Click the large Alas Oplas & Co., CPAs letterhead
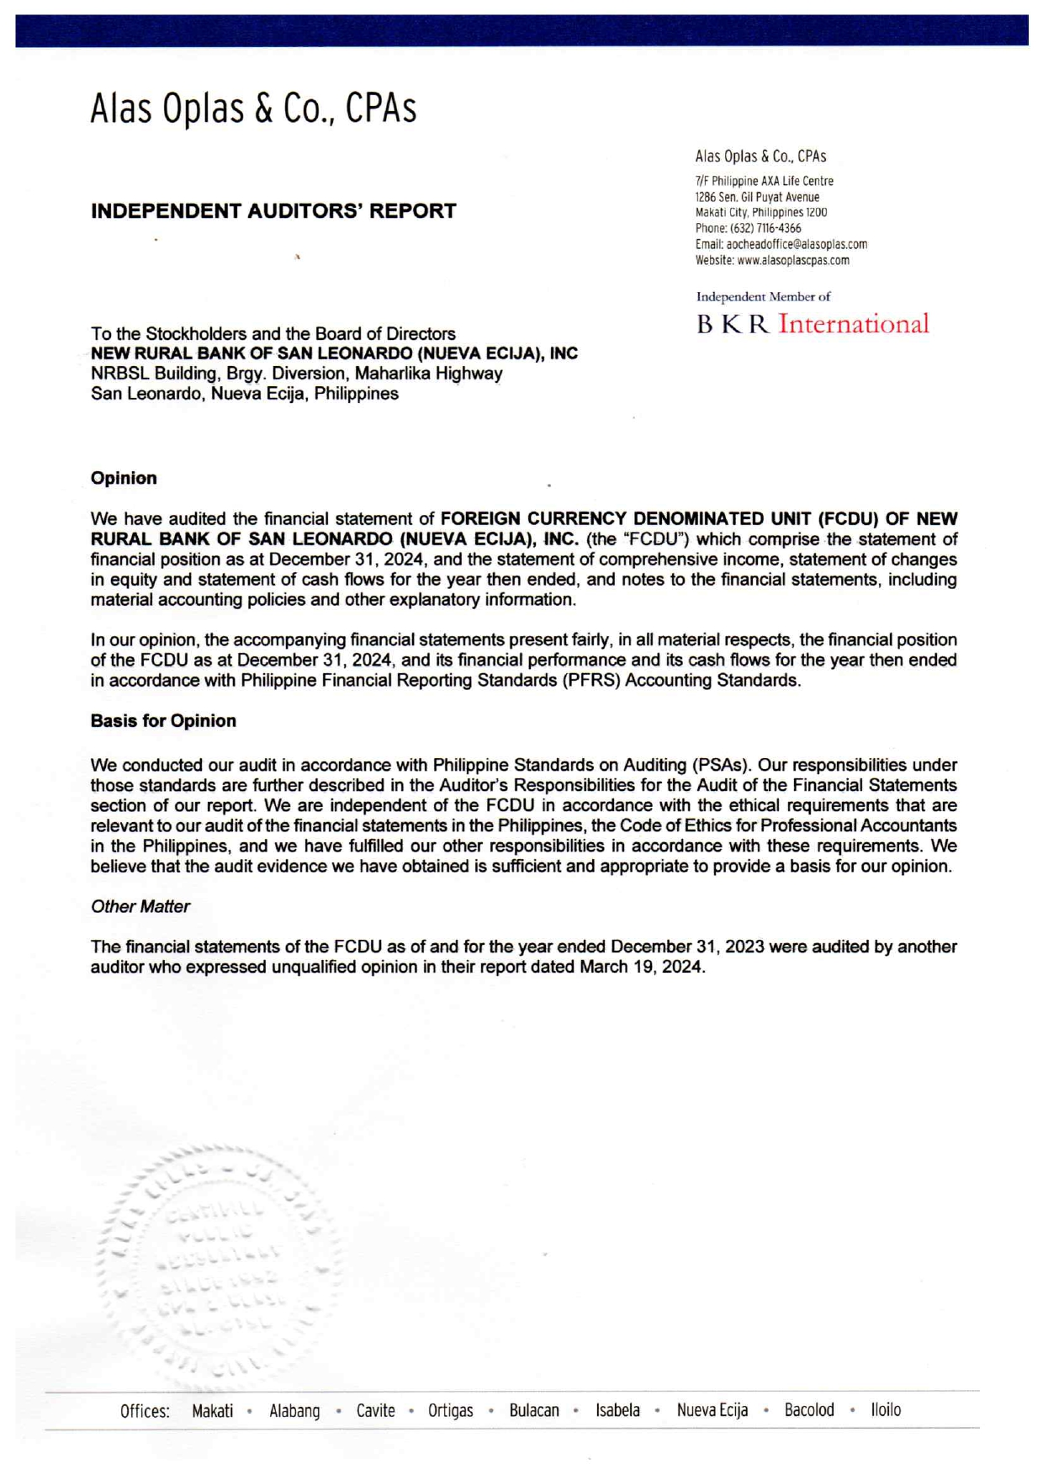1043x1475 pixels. (x=253, y=109)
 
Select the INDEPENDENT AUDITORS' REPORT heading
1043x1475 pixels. (x=273, y=211)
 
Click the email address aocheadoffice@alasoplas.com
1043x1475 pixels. (x=797, y=244)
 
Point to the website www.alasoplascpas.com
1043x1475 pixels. (x=793, y=260)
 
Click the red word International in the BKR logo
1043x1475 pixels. (x=853, y=324)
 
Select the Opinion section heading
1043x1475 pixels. (x=124, y=478)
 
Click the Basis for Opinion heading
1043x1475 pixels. (x=163, y=721)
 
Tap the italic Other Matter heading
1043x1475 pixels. (x=140, y=907)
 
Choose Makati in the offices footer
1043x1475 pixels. (x=212, y=1410)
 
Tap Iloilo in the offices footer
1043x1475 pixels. (x=886, y=1409)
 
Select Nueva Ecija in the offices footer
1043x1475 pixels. (x=712, y=1409)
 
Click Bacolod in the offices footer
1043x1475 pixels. (x=809, y=1409)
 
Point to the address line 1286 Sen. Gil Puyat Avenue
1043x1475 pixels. (x=757, y=197)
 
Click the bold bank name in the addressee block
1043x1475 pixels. (x=334, y=353)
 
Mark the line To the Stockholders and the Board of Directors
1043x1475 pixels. (x=273, y=334)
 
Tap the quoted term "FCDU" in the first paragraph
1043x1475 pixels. (x=654, y=539)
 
